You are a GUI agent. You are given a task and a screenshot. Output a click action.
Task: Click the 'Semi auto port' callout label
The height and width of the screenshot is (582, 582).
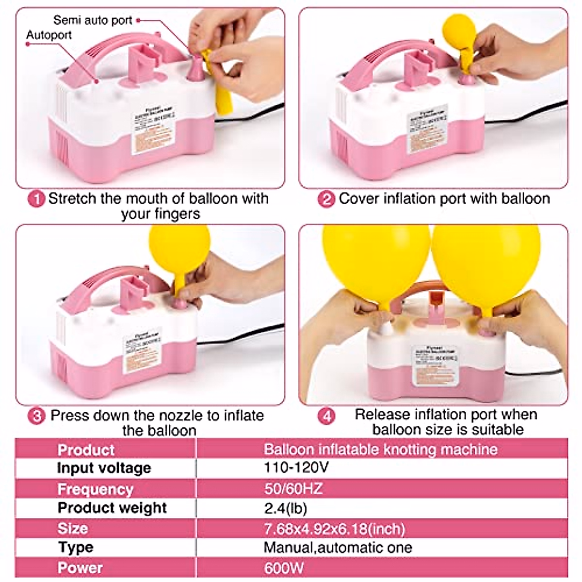point(92,20)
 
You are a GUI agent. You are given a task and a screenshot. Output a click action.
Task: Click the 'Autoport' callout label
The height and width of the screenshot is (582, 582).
point(49,35)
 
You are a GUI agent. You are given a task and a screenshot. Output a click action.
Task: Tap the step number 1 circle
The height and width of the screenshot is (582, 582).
point(36,199)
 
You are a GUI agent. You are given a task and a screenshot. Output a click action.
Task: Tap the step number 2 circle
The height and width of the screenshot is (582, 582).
point(326,199)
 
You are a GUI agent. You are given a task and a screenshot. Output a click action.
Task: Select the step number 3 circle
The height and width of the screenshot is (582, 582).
point(36,416)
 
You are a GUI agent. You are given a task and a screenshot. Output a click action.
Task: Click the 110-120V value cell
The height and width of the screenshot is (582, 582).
point(296,468)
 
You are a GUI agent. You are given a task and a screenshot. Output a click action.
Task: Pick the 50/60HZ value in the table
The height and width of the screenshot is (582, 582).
point(293,488)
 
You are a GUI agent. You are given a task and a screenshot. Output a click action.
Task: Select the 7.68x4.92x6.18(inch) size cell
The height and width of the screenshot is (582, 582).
point(335,528)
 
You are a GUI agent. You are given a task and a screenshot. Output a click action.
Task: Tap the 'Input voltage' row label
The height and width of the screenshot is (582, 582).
point(104,468)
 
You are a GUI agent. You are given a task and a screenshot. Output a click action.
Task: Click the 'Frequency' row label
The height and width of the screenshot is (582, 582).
point(95,489)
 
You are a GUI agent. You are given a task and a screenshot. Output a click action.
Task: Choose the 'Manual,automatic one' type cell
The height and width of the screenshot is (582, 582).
point(338,548)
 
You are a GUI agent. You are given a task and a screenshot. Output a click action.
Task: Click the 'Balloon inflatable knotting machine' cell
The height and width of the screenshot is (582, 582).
point(380,449)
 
